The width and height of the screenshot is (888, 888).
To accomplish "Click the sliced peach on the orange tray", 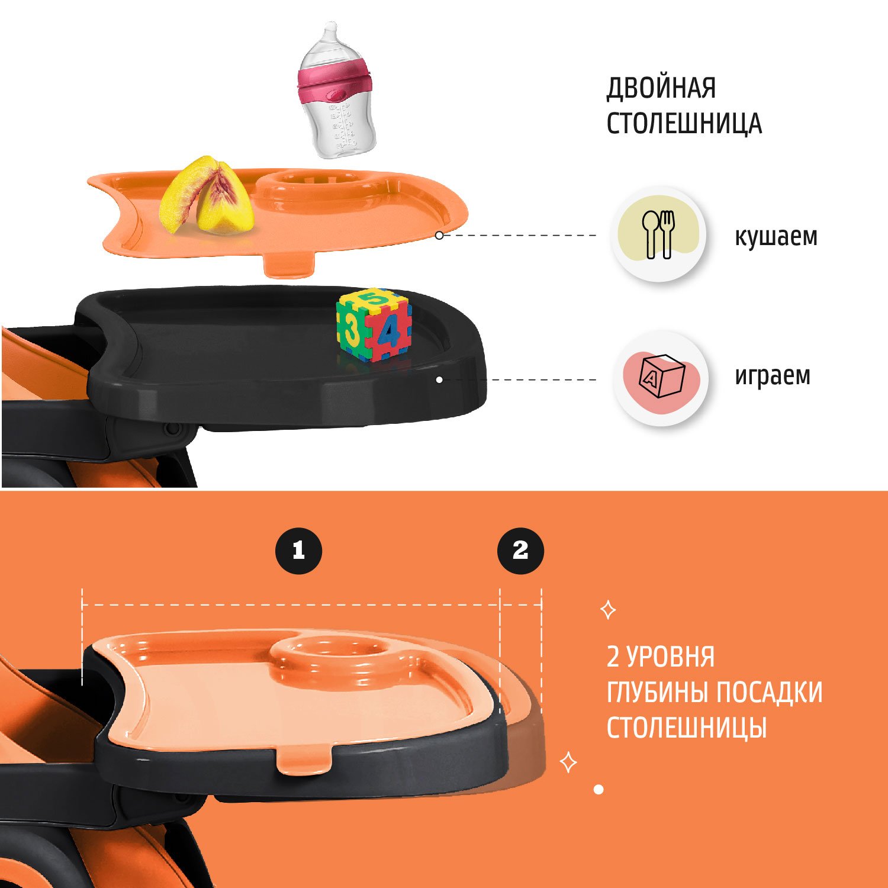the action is (207, 195).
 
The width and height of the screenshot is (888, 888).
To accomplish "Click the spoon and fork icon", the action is (658, 234).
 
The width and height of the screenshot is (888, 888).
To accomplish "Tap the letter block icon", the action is (661, 377).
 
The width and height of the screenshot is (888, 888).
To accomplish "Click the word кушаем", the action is (776, 236).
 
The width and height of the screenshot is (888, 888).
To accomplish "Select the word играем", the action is (773, 376).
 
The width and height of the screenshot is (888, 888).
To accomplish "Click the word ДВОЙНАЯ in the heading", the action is (661, 88).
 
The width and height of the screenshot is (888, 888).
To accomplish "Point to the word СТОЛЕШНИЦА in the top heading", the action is (684, 123).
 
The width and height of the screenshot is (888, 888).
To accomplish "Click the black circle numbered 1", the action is (299, 551).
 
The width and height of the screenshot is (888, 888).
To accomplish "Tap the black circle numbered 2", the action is (520, 551).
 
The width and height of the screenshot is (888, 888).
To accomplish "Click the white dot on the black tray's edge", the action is (439, 379).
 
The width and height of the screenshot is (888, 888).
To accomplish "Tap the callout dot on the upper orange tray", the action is (439, 235).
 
